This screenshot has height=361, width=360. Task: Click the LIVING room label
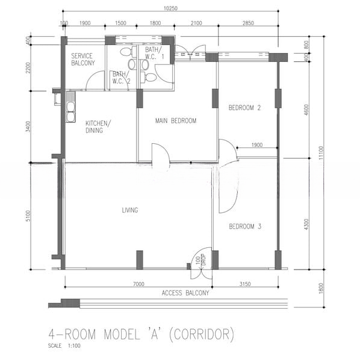[130, 210]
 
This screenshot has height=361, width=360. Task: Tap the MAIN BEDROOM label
[176, 121]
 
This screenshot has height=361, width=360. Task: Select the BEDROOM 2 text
[244, 108]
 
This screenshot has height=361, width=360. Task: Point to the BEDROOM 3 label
[245, 226]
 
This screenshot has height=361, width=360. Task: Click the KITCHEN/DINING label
[98, 126]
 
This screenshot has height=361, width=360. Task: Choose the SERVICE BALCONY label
[83, 60]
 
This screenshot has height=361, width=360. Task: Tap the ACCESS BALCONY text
[185, 293]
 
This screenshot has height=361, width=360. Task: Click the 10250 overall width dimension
[170, 8]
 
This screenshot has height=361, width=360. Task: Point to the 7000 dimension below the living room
[138, 284]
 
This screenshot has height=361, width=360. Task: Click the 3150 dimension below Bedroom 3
[245, 284]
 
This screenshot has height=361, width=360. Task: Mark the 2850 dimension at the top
[248, 23]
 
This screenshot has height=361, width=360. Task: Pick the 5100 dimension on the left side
[28, 216]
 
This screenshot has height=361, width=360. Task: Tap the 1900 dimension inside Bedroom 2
[257, 145]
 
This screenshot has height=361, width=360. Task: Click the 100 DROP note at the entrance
[200, 261]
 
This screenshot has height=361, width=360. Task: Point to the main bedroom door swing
[161, 153]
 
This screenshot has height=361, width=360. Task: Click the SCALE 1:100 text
[64, 345]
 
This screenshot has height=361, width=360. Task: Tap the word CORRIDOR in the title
[202, 334]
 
